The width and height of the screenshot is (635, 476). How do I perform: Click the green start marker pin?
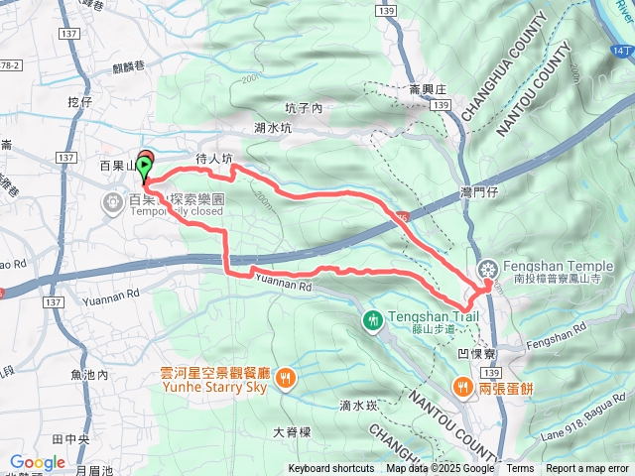pos(146,166)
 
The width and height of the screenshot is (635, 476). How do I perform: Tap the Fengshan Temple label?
pos(559,267)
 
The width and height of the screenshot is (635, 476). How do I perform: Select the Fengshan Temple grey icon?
pos(488,268)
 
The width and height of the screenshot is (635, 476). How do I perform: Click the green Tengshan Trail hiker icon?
pos(373,319)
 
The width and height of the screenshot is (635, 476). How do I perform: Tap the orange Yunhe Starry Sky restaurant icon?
pos(286,376)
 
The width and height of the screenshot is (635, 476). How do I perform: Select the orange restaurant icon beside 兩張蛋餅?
pos(462,387)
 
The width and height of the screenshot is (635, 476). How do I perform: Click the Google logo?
pos(37,462)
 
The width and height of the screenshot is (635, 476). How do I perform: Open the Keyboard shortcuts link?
pos(331,469)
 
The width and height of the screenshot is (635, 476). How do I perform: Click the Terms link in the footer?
pos(520,469)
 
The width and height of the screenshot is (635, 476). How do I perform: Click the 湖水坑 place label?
pos(273,127)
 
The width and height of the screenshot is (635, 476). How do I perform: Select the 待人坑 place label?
pos(213,158)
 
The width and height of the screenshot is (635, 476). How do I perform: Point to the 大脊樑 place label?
pos(292,432)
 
